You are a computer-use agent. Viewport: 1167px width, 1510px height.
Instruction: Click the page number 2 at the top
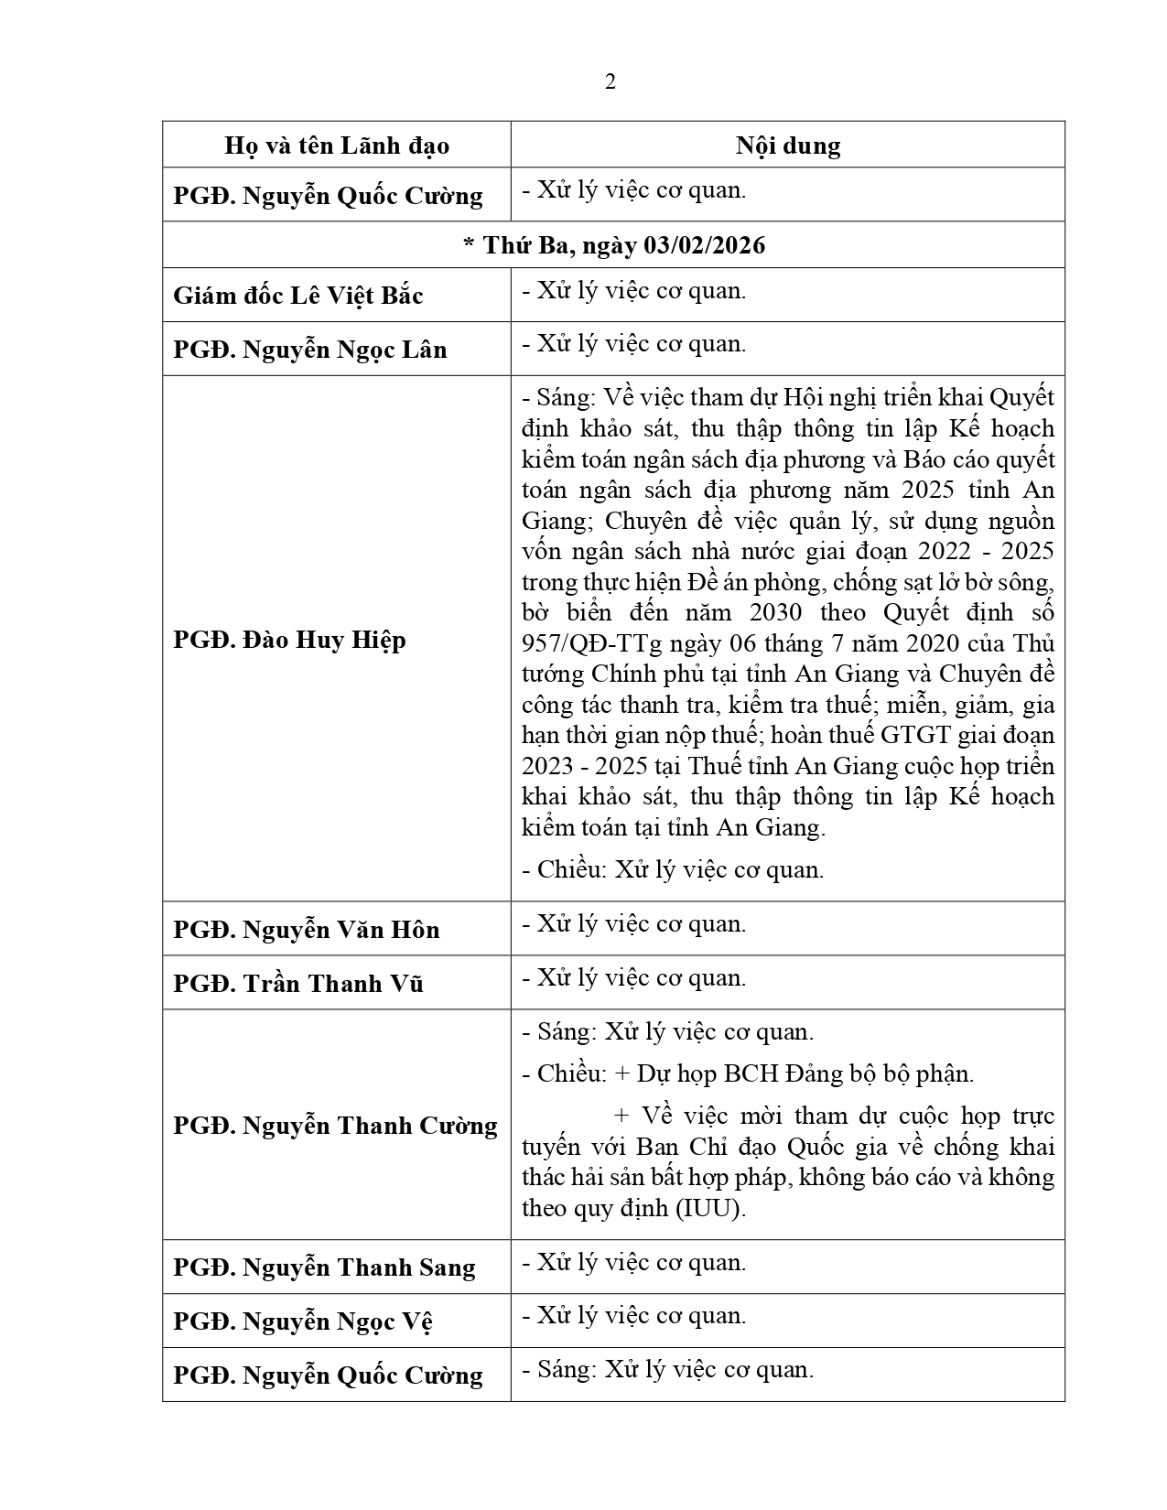tap(611, 82)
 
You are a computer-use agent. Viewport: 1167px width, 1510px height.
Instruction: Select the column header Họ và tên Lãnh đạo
tap(337, 146)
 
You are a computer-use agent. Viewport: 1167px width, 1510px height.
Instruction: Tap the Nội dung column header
tap(788, 146)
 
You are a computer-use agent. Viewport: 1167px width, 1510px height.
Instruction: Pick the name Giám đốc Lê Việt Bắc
tap(298, 296)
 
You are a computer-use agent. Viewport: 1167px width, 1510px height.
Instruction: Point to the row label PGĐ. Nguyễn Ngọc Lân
tap(310, 350)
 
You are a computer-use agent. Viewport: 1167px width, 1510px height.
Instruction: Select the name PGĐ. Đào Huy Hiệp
tap(289, 639)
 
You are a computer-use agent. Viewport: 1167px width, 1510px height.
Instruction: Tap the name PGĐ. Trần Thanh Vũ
tap(298, 984)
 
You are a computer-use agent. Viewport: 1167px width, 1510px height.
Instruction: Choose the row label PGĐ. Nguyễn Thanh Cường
tap(335, 1126)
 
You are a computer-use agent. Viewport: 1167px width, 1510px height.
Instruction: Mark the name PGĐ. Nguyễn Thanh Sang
tap(324, 1267)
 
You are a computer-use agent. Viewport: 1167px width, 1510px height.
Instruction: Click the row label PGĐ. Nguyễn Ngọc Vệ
tap(303, 1321)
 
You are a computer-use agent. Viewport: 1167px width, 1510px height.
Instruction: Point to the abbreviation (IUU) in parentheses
tap(710, 1208)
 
